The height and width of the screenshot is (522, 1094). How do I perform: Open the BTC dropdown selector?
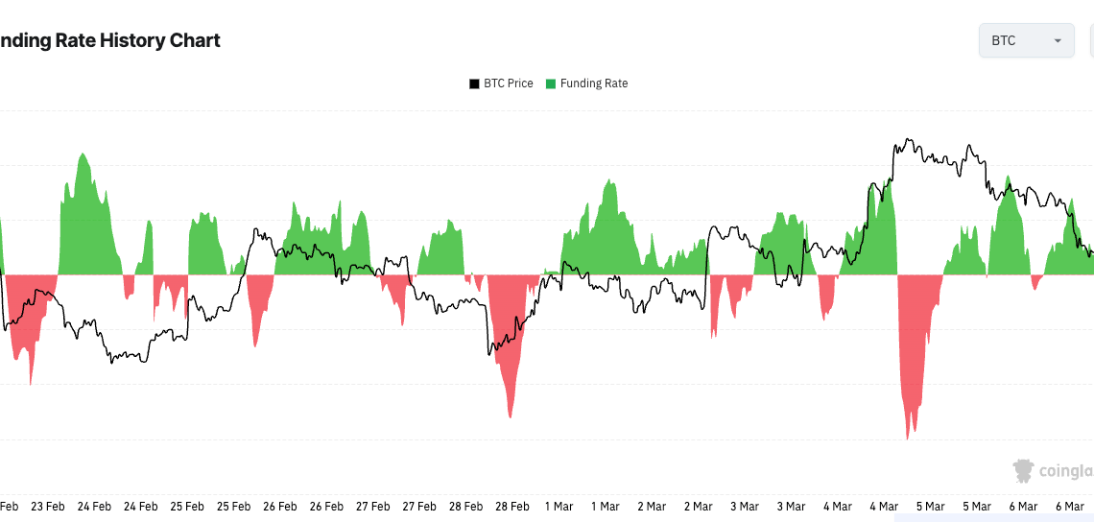click(x=1025, y=40)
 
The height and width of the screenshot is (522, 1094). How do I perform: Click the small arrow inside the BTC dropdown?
click(x=1058, y=41)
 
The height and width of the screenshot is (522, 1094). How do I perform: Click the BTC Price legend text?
click(x=508, y=83)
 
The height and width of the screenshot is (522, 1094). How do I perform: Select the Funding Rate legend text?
click(x=593, y=83)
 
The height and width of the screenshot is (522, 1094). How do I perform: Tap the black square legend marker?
click(x=474, y=83)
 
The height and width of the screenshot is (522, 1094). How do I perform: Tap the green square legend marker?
click(x=551, y=83)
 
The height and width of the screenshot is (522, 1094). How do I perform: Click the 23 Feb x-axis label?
click(x=48, y=506)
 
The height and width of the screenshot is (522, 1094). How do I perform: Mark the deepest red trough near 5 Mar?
click(x=908, y=439)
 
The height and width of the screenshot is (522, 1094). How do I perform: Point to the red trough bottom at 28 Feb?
click(x=511, y=416)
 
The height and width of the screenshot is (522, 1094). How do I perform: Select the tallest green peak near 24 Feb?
click(x=83, y=154)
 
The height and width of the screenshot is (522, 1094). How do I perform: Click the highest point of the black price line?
click(x=907, y=140)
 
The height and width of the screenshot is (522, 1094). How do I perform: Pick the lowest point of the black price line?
click(x=112, y=363)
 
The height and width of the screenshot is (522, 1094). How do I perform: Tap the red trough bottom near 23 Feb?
click(x=31, y=384)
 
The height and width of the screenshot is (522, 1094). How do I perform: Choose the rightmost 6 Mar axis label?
click(x=1068, y=506)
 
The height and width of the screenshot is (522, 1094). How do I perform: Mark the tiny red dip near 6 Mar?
click(x=1035, y=288)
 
